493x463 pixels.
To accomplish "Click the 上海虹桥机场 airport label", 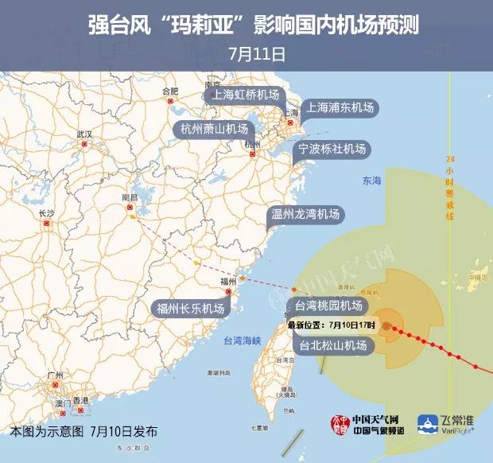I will click(246, 94).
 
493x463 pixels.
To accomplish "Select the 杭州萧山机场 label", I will click(214, 129).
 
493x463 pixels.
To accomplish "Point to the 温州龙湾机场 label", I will click(306, 214).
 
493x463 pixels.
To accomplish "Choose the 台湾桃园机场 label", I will click(328, 305).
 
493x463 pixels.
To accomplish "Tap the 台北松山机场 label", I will click(333, 345).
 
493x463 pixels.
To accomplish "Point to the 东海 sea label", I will click(371, 181).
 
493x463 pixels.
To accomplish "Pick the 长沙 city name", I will click(46, 213).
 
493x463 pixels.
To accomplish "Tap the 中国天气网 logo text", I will click(376, 418).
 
